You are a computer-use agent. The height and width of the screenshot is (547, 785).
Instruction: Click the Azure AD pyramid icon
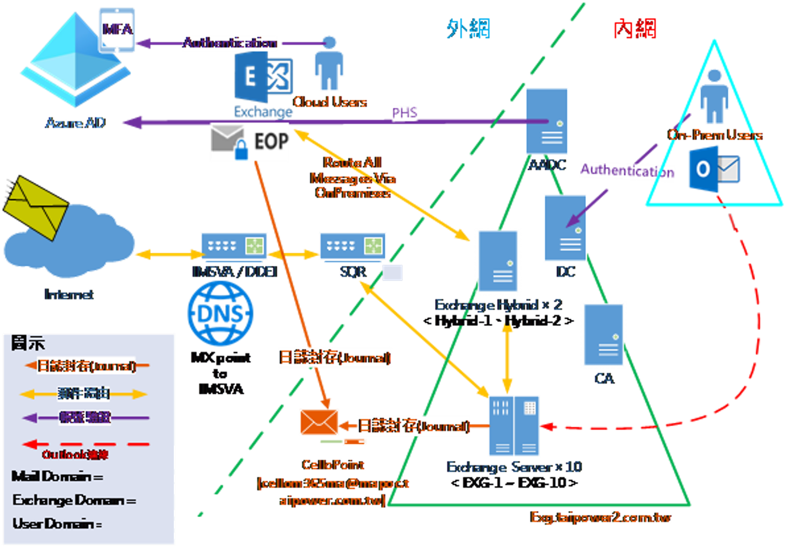coord(75,63)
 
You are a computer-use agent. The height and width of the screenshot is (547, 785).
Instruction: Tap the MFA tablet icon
coord(117,30)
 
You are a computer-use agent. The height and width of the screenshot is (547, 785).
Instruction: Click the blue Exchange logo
coord(264,80)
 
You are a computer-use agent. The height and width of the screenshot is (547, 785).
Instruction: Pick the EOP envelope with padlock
coord(228,142)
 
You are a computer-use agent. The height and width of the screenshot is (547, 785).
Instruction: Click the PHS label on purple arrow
coord(404,113)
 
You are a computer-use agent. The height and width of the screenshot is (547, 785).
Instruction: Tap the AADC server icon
coord(547,121)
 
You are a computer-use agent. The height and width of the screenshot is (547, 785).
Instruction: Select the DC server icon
coord(565,228)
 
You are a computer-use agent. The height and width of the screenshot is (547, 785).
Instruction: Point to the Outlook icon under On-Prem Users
coord(714,169)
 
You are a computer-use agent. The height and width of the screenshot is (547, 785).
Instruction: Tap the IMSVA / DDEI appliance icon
coord(233,247)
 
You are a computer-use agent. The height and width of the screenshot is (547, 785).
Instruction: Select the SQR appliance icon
coord(352,247)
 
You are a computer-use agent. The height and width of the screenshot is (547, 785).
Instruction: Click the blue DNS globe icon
coord(220,313)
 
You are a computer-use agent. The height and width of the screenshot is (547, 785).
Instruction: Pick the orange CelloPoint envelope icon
coord(319,422)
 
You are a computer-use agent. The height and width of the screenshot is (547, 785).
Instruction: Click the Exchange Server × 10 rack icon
coord(514,426)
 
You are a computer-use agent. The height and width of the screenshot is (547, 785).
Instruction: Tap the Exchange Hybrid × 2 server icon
coord(498,261)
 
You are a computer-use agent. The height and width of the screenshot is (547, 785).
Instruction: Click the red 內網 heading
coord(635,28)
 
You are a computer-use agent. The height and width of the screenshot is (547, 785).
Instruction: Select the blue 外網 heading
coord(468,28)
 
